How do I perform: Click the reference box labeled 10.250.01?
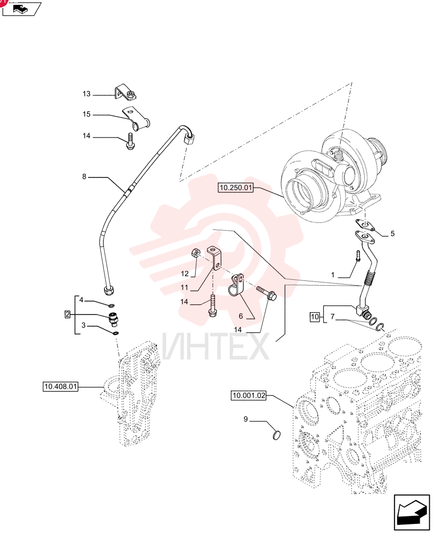click(x=236, y=188)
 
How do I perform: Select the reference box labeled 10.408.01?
click(x=61, y=386)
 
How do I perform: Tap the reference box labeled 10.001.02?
click(x=248, y=395)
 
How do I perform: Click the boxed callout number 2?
click(x=67, y=314)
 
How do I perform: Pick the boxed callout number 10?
click(x=315, y=317)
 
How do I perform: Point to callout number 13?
click(x=86, y=94)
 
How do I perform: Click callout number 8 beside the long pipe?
click(x=84, y=177)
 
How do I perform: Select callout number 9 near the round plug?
click(x=246, y=419)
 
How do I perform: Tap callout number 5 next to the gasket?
click(x=392, y=234)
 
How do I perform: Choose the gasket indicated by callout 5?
click(x=365, y=225)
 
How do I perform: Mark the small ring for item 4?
click(x=112, y=305)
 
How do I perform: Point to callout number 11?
click(x=184, y=288)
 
